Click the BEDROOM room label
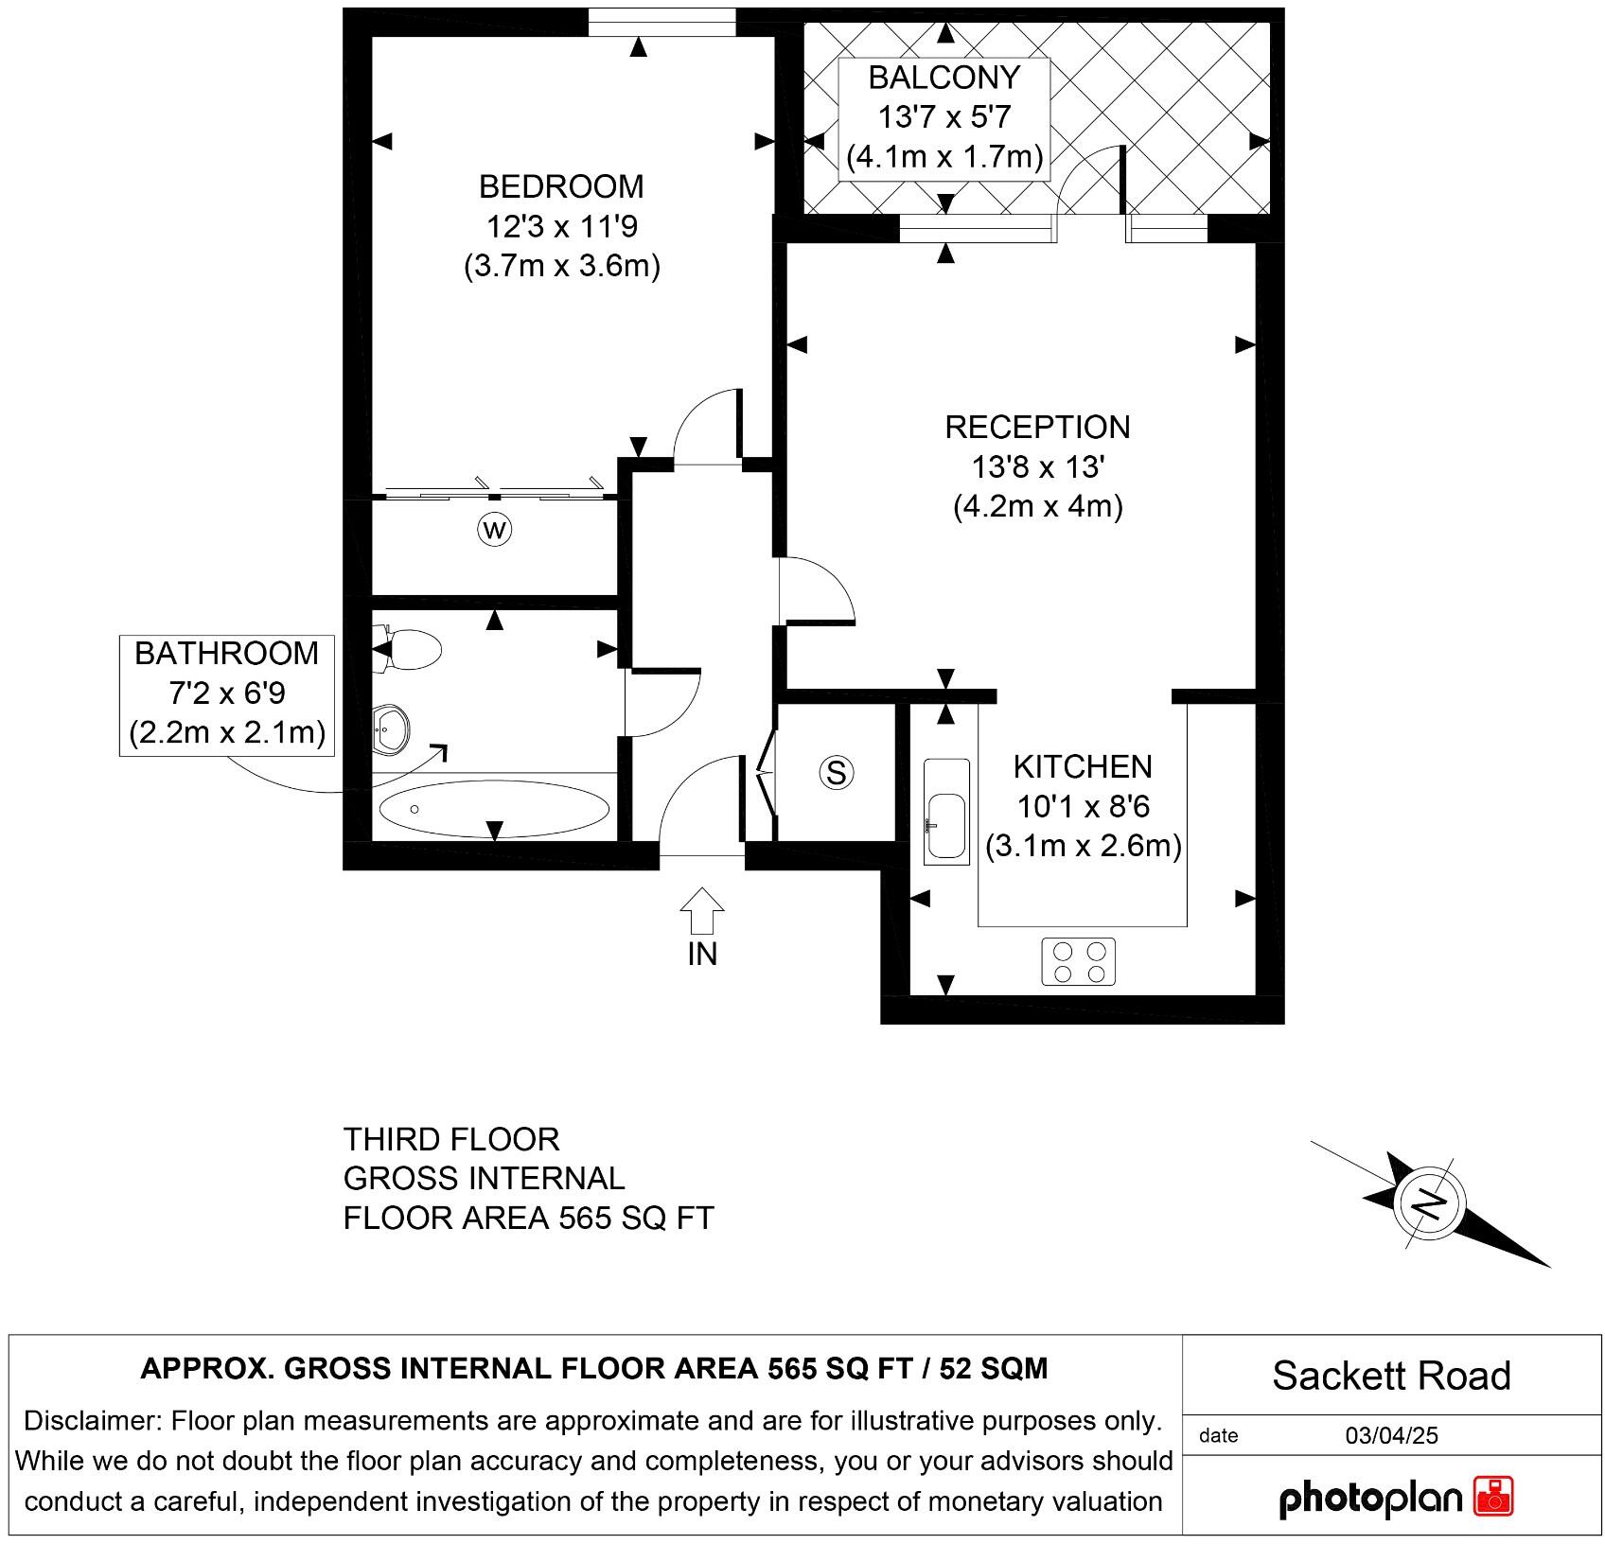pos(561,186)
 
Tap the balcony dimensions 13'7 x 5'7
pos(944,117)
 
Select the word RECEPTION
pos(1037,428)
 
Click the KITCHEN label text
pos(1083,766)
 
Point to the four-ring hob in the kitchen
pos(1079,961)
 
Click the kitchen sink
pos(946,813)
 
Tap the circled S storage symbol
pos(836,773)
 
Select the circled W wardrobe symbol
pos(494,529)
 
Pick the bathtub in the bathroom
pos(494,809)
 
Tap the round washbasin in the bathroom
pos(390,728)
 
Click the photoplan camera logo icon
pos(1493,1498)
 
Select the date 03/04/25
pos(1391,1435)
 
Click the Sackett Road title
pos(1391,1377)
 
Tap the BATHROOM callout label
pos(227,654)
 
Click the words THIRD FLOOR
pos(451,1139)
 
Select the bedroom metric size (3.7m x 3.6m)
pos(561,266)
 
